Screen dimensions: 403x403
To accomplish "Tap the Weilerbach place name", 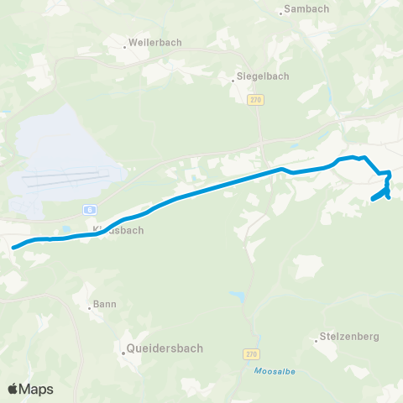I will click(x=155, y=41).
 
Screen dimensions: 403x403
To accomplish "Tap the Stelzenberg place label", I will click(x=350, y=336).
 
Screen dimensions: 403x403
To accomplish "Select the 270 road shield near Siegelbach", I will click(x=254, y=99).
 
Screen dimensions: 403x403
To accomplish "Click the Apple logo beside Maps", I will click(x=13, y=389).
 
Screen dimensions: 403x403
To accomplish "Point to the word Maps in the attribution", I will click(x=37, y=389).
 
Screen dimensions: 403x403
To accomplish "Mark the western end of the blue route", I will click(x=14, y=247).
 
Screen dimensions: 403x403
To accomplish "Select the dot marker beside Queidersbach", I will click(x=123, y=353).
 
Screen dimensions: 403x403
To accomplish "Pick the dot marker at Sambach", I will click(x=280, y=13).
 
